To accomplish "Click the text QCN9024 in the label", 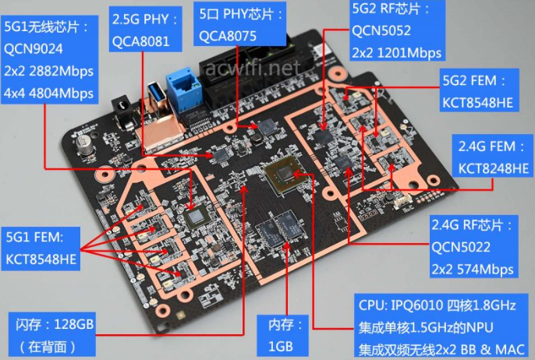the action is tap(33, 49).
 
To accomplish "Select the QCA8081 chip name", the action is tap(141, 41).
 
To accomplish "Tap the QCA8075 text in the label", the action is tap(228, 36).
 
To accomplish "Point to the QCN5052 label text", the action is tap(381, 30).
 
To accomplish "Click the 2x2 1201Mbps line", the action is tap(396, 53).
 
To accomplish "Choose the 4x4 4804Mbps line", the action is tap(48, 93).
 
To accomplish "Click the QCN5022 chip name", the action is tap(461, 247).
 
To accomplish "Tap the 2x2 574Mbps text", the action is tap(473, 269).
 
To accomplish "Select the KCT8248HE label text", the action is tap(493, 168).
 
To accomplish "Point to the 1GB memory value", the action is tap(281, 346).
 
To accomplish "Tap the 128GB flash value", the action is tap(73, 324).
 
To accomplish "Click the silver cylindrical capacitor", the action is tap(84, 144).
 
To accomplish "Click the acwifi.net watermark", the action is tap(253, 69).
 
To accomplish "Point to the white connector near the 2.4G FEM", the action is tap(403, 203).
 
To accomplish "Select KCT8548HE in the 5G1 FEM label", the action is tap(41, 259).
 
